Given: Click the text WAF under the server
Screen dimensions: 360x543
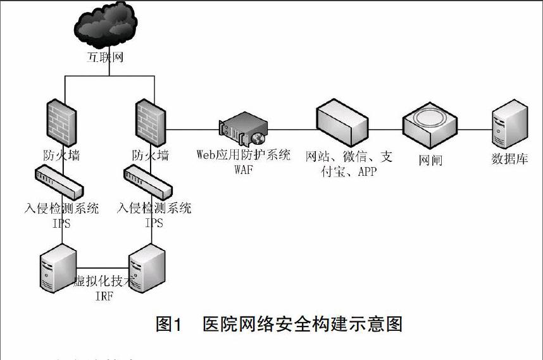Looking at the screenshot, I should tap(243, 170).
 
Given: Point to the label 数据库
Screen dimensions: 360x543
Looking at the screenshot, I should tap(510, 159).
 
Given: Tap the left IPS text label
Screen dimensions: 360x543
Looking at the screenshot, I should tap(61, 222).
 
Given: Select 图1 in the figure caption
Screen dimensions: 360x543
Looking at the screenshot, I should tap(169, 325).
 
